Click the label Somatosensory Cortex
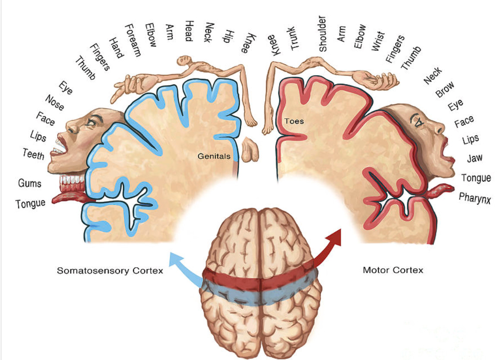(110, 271)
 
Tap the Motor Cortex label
(393, 270)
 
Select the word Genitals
(214, 156)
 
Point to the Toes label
(294, 121)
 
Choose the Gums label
(30, 183)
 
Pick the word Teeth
(34, 153)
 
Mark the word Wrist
(378, 41)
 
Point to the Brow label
(445, 89)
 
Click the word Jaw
(475, 158)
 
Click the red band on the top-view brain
(259, 278)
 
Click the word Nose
(55, 103)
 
